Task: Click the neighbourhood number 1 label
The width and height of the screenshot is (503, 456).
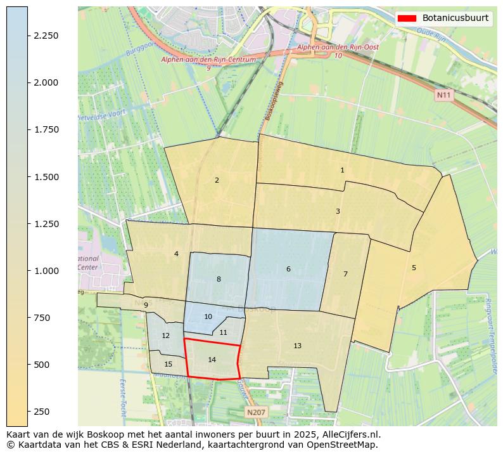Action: pyautogui.click(x=342, y=170)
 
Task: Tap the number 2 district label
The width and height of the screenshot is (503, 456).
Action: pyautogui.click(x=217, y=180)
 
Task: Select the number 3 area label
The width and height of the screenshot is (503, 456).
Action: pyautogui.click(x=338, y=211)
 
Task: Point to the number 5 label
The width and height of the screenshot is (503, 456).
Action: pyautogui.click(x=414, y=268)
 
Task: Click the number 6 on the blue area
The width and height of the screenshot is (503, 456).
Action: pyautogui.click(x=288, y=270)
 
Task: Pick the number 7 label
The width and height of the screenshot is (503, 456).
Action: pyautogui.click(x=345, y=274)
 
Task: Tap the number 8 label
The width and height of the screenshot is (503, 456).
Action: pyautogui.click(x=219, y=279)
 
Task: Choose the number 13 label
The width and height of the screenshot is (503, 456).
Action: pyautogui.click(x=297, y=346)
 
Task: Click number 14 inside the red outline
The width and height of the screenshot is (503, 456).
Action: pyautogui.click(x=212, y=360)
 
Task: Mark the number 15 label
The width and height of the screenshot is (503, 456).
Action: pyautogui.click(x=168, y=364)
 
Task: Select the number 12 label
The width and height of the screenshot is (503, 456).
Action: pyautogui.click(x=166, y=335)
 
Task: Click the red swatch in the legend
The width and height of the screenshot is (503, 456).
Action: pyautogui.click(x=406, y=18)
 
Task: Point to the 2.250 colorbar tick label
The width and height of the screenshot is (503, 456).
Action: pyautogui.click(x=47, y=36)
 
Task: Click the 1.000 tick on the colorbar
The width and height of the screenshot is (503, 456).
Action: pyautogui.click(x=47, y=271)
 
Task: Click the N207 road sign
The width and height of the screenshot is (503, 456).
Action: pyautogui.click(x=256, y=412)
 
